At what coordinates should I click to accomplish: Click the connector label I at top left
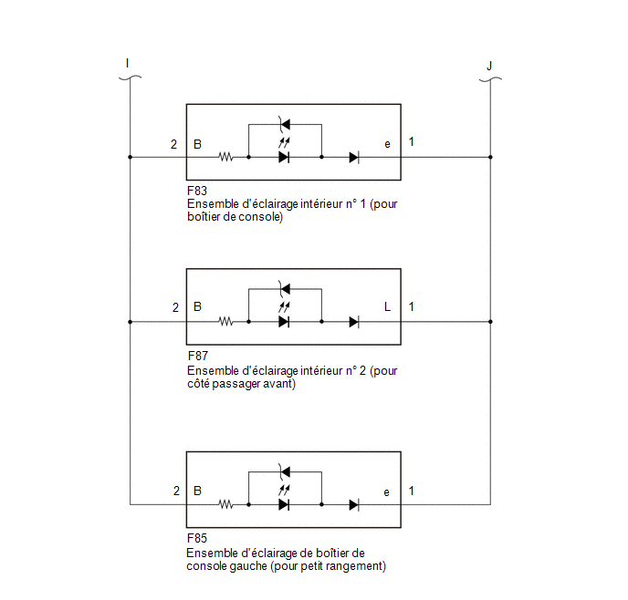[x=127, y=63]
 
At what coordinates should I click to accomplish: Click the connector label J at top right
[x=489, y=66]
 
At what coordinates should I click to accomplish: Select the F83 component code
[x=197, y=191]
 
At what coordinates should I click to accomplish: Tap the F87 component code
[x=198, y=356]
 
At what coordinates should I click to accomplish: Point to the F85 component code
[x=197, y=538]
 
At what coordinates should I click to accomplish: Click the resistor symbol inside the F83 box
[x=225, y=157]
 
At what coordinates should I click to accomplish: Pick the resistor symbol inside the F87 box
[x=225, y=322]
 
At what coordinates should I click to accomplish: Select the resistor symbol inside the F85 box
[x=225, y=505]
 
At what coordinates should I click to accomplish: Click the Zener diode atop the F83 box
[x=285, y=124]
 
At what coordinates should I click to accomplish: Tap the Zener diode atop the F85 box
[x=285, y=472]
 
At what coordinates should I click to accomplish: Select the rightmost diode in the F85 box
[x=354, y=505]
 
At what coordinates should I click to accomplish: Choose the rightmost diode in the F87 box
[x=354, y=322]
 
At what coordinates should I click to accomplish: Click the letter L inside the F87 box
[x=387, y=306]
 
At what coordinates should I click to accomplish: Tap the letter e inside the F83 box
[x=387, y=144]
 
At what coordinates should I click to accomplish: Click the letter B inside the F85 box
[x=197, y=491]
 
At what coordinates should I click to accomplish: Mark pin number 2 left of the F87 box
[x=175, y=307]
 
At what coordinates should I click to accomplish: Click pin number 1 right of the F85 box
[x=412, y=491]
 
